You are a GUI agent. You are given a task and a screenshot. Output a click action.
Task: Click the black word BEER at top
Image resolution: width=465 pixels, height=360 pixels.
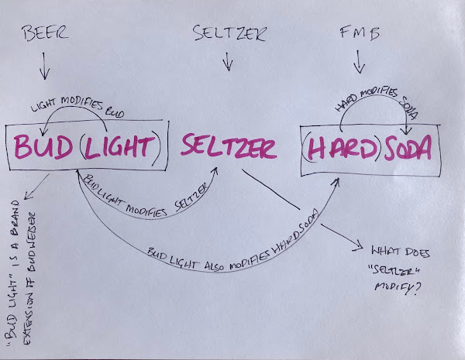click(44, 34)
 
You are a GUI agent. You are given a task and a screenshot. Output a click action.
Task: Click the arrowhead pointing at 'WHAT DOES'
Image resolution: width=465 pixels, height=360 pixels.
click(360, 247)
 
